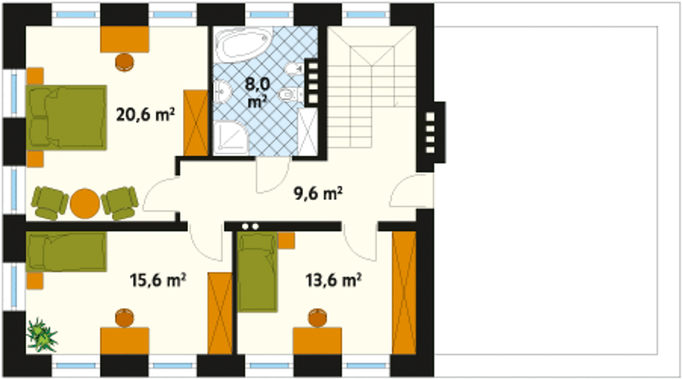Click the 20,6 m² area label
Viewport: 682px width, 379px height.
(x=145, y=114)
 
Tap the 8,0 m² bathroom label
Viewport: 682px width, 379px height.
(x=257, y=93)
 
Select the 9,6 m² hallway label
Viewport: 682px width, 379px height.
(x=318, y=194)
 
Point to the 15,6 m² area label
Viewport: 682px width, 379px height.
(x=158, y=280)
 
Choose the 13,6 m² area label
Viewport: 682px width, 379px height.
(x=334, y=280)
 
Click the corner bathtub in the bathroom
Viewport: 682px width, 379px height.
(x=243, y=44)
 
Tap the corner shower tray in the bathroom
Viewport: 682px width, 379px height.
(x=231, y=138)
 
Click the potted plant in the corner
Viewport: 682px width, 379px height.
(x=42, y=335)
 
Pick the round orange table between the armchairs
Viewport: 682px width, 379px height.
(x=85, y=203)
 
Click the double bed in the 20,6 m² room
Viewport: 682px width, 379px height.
(x=67, y=118)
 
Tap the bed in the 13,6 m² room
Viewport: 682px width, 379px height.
(x=257, y=272)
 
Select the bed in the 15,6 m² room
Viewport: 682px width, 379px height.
(x=67, y=252)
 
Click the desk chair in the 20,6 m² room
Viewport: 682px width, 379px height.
(x=125, y=62)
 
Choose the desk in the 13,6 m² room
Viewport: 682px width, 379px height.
(x=317, y=341)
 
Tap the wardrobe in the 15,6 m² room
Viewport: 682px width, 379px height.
(x=220, y=314)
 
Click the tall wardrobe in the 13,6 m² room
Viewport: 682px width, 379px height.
(x=404, y=293)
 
